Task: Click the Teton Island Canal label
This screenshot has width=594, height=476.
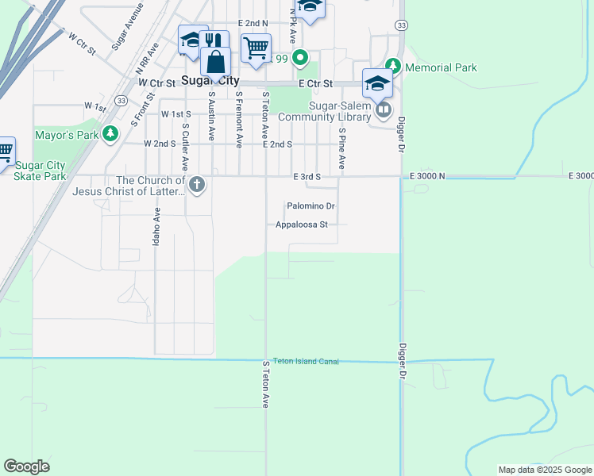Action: pos(306,362)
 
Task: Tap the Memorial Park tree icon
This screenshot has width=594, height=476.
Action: pos(392,66)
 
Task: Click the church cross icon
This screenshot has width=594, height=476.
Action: pos(197,185)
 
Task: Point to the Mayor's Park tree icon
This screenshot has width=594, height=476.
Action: pos(111,134)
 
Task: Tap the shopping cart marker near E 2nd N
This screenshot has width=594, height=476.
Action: pos(256,48)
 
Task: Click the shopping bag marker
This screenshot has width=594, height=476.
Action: pos(215,61)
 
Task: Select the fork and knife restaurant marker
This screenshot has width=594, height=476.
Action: pos(213,40)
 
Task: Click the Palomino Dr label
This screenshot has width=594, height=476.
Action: pos(310,206)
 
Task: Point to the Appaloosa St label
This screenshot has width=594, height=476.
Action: pos(301,225)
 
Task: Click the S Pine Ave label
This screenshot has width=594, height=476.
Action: pos(342,148)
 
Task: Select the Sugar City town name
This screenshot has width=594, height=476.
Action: pos(211,80)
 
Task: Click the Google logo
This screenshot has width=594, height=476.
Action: pos(27,466)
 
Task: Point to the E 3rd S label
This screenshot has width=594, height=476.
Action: pos(307,176)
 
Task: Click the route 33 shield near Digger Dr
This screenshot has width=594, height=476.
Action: pos(402,25)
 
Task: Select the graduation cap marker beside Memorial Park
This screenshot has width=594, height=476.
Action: pos(377,83)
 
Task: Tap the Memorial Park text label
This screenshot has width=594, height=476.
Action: pos(441,67)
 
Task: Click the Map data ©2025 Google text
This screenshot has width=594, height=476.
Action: pos(545,470)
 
